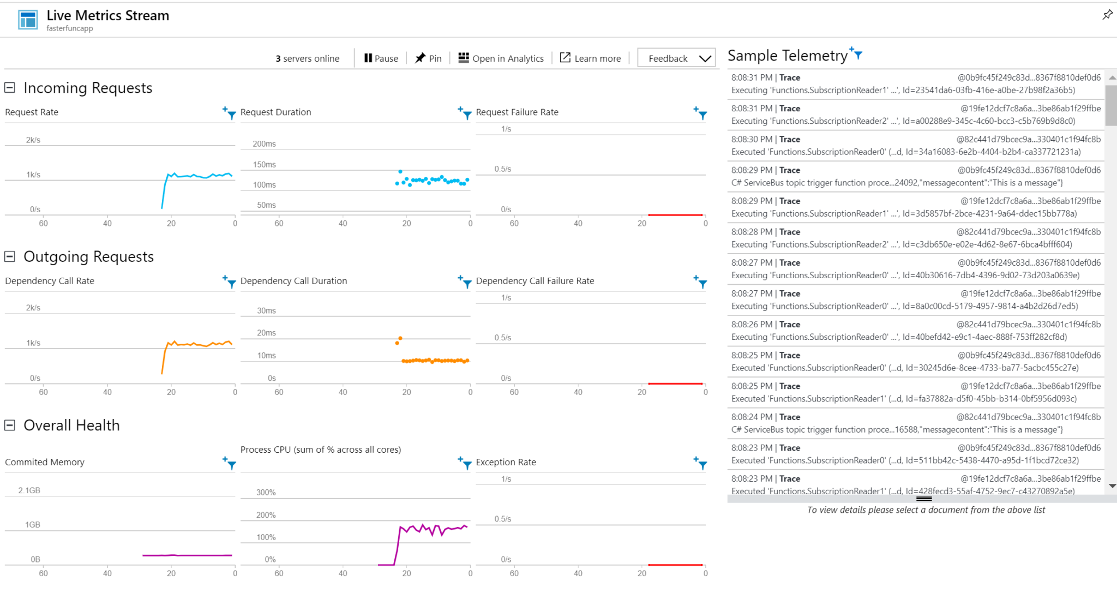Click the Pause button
pos(381,58)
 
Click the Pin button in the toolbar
pos(428,58)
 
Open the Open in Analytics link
pos(501,58)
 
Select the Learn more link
pos(591,58)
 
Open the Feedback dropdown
pos(676,58)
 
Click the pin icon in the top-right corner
pos(1107,15)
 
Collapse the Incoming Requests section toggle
pos(10,88)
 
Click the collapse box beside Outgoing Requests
pos(10,256)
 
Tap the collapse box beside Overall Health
pos(10,425)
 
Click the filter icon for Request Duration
pos(465,113)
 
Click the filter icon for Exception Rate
pos(701,463)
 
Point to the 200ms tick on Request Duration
pos(264,144)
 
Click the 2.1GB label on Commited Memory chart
pos(29,490)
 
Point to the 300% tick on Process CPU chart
pos(266,492)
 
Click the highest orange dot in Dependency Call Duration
pos(400,338)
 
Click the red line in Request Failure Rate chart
pos(675,215)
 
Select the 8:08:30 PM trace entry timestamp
pos(752,139)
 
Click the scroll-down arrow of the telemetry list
pos(1112,486)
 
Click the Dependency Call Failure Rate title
pos(535,281)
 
